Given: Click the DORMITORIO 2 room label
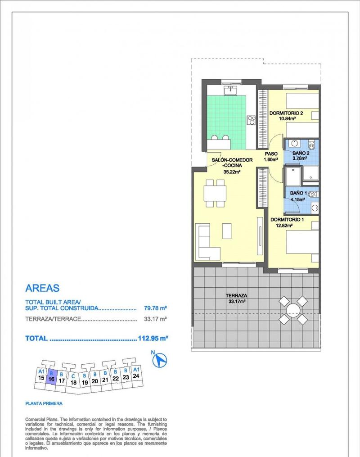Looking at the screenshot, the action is (286, 113).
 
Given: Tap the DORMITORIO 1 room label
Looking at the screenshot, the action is (287, 220).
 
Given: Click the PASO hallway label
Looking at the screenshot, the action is (271, 154).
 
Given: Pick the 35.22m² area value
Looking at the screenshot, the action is (232, 172).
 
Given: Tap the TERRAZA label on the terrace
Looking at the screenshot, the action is (237, 296).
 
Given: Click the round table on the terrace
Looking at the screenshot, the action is (293, 311).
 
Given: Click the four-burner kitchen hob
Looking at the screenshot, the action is (252, 120).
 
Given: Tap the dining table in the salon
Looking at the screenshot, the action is (215, 193).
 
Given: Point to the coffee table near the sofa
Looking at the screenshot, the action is (227, 231).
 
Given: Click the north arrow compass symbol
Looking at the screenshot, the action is (160, 360).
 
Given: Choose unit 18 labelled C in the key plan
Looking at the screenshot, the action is (73, 380).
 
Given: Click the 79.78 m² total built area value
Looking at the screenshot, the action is (155, 308).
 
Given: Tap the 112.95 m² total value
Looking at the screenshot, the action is (153, 339).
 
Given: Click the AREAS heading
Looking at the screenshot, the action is (42, 288).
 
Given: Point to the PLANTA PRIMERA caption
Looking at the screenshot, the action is (44, 404).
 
